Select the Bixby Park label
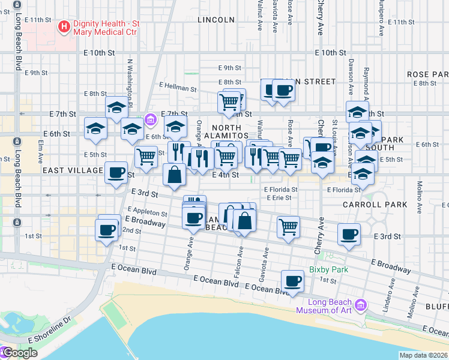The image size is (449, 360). [x=328, y=269]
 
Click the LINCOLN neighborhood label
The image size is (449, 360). [x=216, y=20]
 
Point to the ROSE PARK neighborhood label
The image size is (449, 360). [x=427, y=74]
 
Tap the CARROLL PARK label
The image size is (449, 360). [x=375, y=205]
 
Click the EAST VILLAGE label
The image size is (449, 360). [x=73, y=171]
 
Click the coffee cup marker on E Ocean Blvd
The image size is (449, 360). [x=292, y=281]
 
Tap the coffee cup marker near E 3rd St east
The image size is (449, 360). [x=349, y=234]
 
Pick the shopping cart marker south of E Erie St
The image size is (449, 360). [x=289, y=227]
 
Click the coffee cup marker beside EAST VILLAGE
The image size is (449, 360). [x=116, y=172]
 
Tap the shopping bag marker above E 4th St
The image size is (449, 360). [x=174, y=175]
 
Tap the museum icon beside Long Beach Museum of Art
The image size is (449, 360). [x=361, y=306]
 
